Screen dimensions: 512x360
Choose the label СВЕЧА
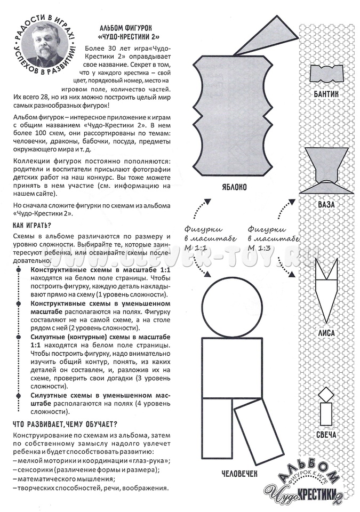pos(325,436)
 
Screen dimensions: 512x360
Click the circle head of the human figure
pos(230,306)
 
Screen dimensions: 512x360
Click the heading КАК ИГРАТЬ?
pos(31,226)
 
